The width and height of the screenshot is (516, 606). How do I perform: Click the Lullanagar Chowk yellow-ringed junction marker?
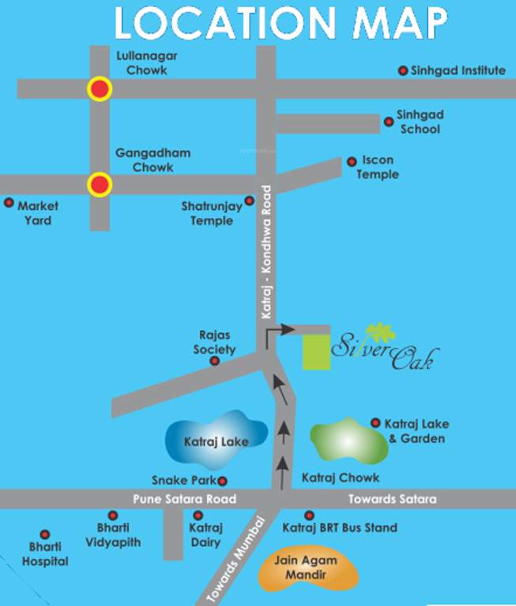pos(100,89)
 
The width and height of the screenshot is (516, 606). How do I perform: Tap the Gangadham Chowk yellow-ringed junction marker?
pos(100,185)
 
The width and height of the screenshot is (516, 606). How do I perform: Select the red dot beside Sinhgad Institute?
pos(403,70)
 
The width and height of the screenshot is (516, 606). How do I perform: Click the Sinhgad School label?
pos(420,121)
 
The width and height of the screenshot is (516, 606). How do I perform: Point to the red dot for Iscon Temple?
pos(352,162)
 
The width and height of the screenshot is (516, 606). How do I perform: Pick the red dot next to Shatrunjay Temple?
pos(250,200)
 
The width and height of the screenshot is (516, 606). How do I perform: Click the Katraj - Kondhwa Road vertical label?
pos(266,252)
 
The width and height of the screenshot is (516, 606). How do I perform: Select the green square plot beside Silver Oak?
pos(318,351)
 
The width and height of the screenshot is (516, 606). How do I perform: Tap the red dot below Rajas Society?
pos(214,361)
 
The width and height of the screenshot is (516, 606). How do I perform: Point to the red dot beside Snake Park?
pos(223,481)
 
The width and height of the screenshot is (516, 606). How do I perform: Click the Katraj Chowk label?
pos(341,477)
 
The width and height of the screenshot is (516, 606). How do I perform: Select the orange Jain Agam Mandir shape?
pos(307,569)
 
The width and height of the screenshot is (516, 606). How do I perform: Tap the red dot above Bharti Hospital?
pos(45,535)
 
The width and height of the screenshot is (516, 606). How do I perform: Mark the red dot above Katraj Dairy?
pos(198,515)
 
